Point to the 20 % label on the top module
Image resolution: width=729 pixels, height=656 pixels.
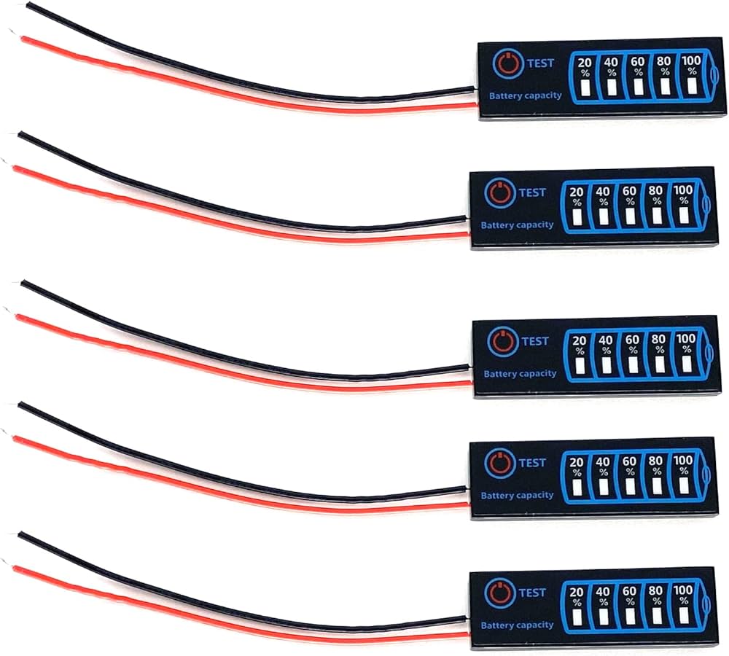pos(585,66)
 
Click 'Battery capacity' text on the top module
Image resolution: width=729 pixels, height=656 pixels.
pos(525,95)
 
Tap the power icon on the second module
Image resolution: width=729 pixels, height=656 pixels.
pos(496,193)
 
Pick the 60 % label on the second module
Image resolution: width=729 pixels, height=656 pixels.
pos(629,195)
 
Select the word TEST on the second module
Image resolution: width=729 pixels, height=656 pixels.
pos(531,192)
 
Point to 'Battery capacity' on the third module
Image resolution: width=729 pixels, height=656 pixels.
pos(519,374)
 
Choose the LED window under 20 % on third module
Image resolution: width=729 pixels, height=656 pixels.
pos(580,365)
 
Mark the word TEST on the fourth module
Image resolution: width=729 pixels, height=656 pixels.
pos(532,462)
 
